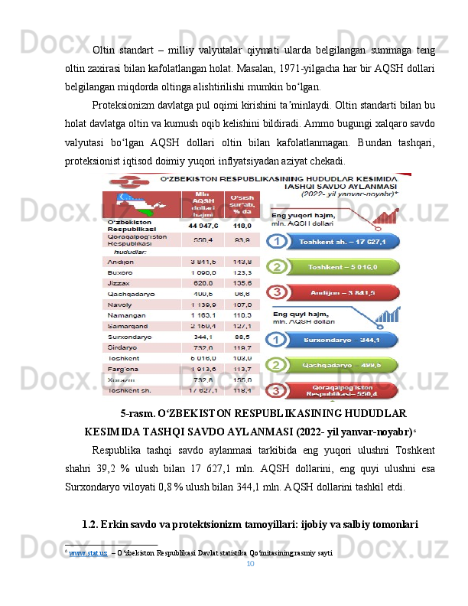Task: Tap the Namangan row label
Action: pyautogui.click(x=124, y=314)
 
